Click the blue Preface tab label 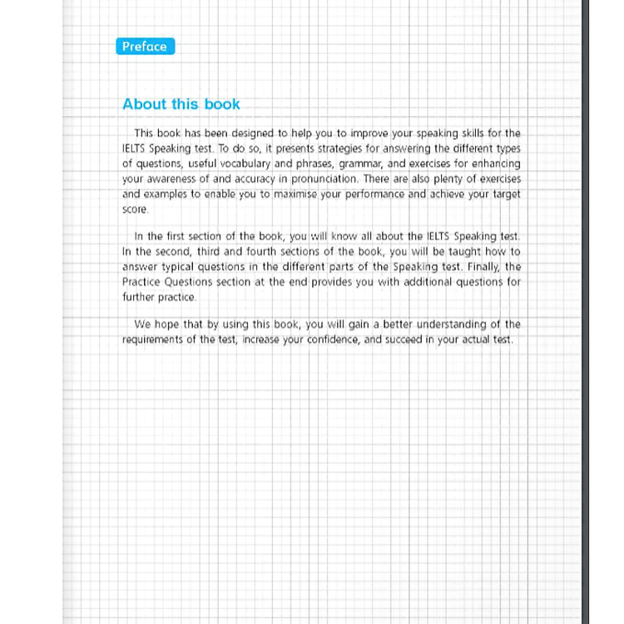145,47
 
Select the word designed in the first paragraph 244,133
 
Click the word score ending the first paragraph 135,210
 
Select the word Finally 483,267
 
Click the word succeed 405,340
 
